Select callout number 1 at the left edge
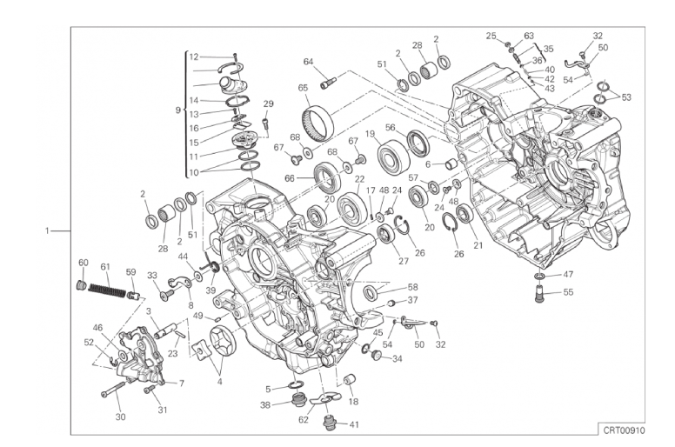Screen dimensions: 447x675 coord(46,231)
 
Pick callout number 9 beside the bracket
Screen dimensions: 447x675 coord(177,110)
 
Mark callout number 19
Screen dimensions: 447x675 coord(371,135)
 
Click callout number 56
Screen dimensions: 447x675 coord(391,127)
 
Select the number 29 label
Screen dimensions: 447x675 coord(269,104)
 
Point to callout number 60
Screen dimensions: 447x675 coord(84,263)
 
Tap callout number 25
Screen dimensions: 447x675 coord(491,37)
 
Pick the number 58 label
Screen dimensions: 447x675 coord(412,287)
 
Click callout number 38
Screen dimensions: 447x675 coord(265,405)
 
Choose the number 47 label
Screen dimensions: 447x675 coord(568,275)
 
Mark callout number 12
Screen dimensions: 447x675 coord(194,56)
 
